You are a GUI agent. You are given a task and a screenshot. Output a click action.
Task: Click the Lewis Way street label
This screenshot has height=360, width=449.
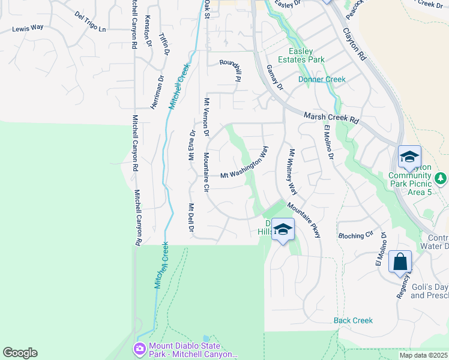pos(29,28)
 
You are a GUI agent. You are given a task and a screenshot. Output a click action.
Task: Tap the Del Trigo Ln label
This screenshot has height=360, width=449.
pos(90,22)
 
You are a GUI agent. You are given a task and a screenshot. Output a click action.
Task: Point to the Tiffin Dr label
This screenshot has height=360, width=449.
pos(164,44)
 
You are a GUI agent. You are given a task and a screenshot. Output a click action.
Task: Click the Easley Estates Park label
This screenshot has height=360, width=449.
pos(306,55)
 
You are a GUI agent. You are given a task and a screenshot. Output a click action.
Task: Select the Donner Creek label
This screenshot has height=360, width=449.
pos(322,79)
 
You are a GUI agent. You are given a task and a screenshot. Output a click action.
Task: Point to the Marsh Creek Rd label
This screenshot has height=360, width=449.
pos(331,117)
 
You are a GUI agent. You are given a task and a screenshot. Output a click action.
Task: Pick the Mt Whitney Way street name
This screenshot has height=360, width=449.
pos(293,172)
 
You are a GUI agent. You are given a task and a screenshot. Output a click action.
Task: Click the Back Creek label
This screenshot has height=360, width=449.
pos(354,320)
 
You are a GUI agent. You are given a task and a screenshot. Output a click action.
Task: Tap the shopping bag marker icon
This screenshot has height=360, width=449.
pos(400,262)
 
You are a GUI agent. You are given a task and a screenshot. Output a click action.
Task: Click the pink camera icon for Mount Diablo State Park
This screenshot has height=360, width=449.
pos(140,349)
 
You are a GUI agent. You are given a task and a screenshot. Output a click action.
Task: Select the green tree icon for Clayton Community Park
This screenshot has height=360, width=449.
pos(441,178)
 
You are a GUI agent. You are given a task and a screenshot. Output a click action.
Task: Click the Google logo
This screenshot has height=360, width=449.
pos(20,353)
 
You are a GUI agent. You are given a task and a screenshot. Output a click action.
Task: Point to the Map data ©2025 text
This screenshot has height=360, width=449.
pos(423,355)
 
